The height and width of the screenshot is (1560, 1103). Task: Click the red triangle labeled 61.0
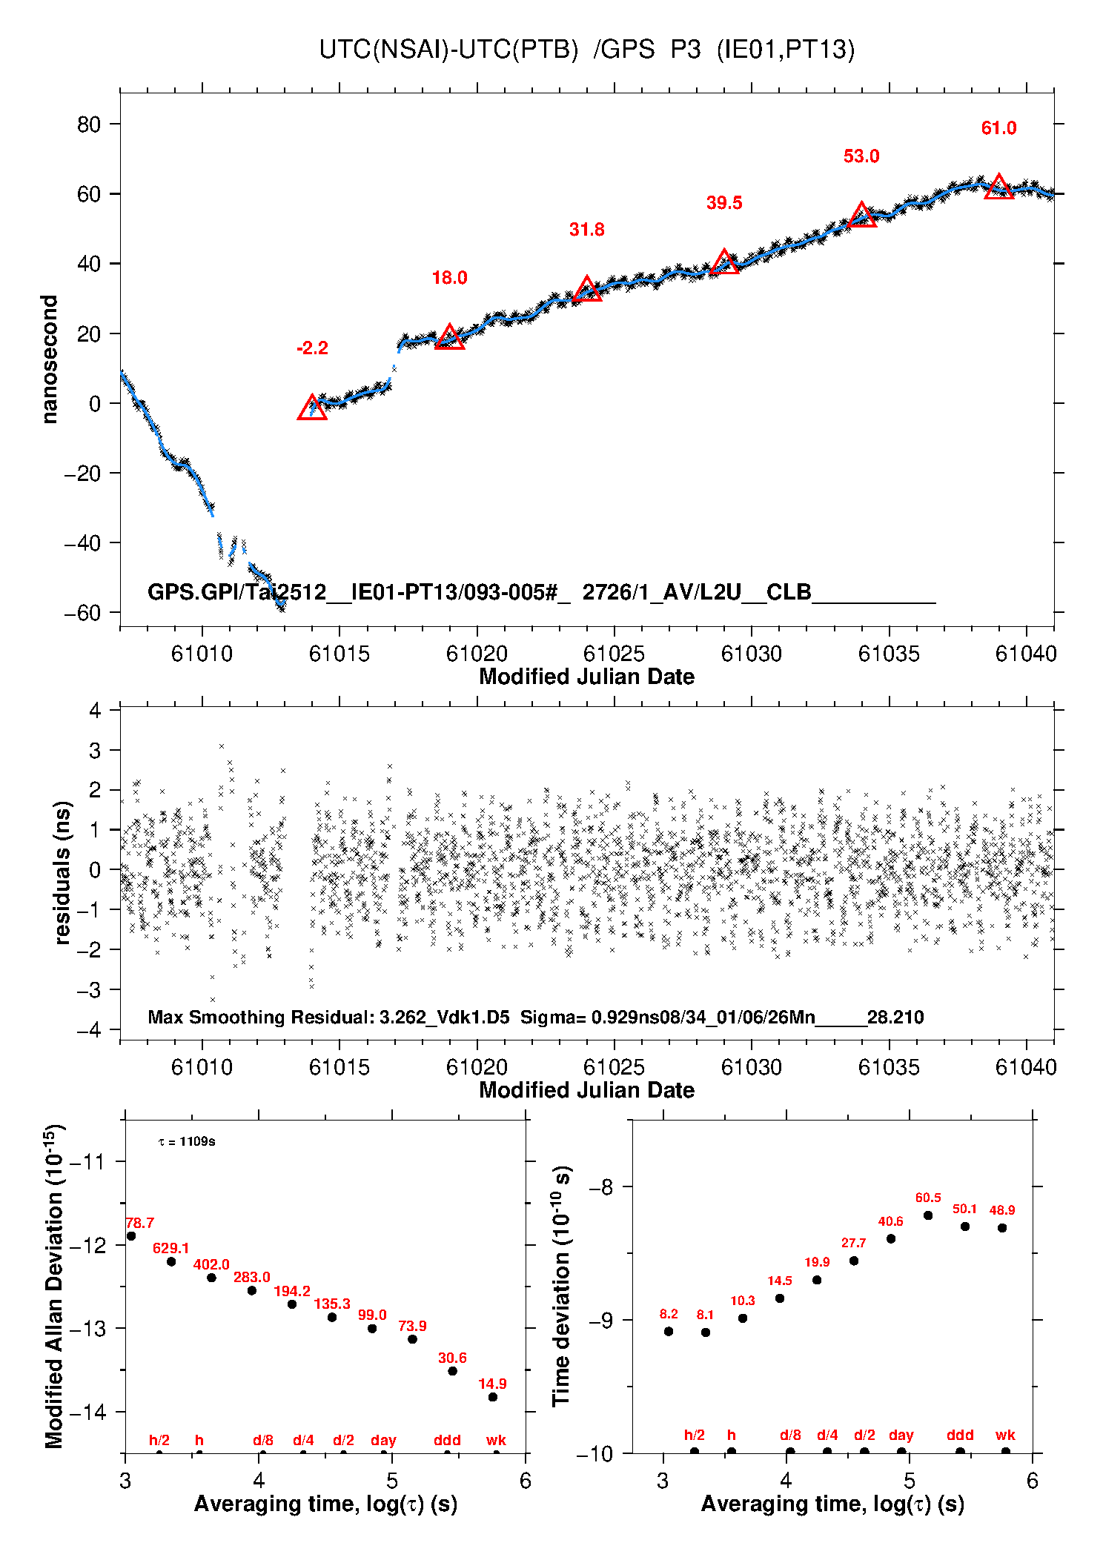(998, 187)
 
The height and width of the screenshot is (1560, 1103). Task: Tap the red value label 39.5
(723, 203)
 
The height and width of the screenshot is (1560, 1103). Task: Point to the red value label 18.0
(449, 278)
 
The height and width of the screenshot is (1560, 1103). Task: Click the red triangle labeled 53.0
(861, 216)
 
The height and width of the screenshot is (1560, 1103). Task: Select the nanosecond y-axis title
(50, 359)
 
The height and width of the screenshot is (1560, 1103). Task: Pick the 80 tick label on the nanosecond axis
(88, 125)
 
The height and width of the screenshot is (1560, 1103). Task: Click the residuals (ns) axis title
(63, 872)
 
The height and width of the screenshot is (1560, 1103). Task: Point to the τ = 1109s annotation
(187, 1142)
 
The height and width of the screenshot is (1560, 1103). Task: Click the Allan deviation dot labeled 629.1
(171, 1261)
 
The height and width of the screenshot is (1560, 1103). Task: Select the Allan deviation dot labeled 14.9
(493, 1397)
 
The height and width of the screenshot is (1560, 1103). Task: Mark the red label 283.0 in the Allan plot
(251, 1277)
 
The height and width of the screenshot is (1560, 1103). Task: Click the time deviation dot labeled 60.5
(928, 1215)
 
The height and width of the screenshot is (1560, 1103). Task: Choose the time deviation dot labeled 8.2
(669, 1331)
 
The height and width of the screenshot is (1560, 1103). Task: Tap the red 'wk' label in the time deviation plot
(1005, 1435)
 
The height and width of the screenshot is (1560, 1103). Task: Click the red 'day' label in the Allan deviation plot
(383, 1440)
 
